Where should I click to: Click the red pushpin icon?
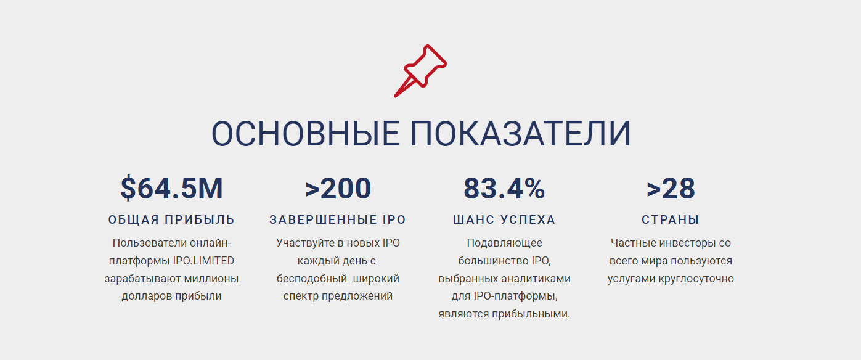420,70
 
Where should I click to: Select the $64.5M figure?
171,189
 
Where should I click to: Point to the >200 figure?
338,189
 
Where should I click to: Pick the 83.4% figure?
504,189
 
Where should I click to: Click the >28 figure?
671,189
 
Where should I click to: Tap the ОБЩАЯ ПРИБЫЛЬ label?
171,219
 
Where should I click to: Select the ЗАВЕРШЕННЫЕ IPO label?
338,219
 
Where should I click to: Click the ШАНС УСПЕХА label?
504,219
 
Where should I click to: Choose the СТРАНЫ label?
671,219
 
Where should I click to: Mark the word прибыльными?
531,314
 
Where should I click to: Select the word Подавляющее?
504,243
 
